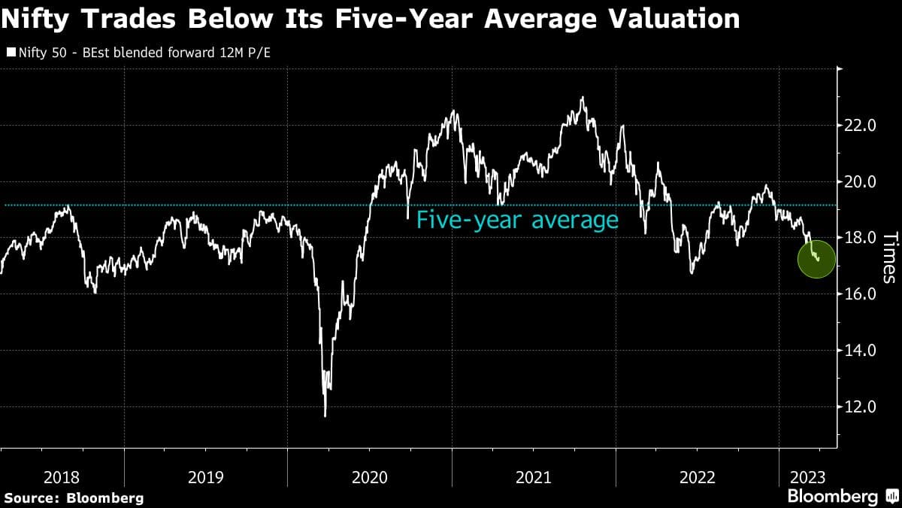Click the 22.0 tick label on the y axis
[861, 125]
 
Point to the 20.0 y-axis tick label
[861, 181]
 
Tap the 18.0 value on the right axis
[861, 238]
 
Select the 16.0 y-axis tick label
[861, 294]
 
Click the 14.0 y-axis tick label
[861, 351]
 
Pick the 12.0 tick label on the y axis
[861, 407]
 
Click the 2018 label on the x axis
[62, 477]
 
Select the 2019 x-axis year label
[206, 477]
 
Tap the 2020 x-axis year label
[369, 477]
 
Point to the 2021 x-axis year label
[533, 477]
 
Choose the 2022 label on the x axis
[697, 477]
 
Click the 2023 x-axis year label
[808, 477]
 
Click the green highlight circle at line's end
[816, 258]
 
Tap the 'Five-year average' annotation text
[517, 221]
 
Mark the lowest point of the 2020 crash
[325, 415]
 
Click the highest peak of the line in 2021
[583, 97]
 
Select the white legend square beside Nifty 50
[10, 53]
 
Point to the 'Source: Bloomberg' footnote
[73, 497]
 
